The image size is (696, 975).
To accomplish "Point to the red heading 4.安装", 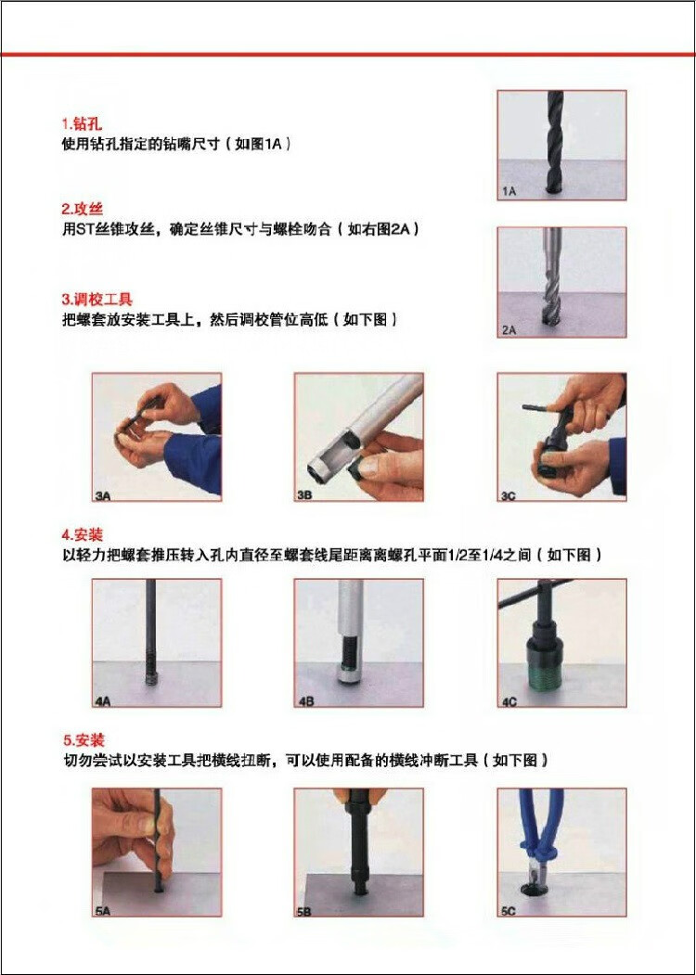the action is point(82,534).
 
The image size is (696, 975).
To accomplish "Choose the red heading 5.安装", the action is point(84,740).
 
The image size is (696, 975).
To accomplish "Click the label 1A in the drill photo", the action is point(509,191).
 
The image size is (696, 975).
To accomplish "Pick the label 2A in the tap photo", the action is point(509,330).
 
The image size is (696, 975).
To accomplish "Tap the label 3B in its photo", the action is point(304,495).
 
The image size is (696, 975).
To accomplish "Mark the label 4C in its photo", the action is point(509,701).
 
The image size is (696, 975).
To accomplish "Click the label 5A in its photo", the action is point(103,911).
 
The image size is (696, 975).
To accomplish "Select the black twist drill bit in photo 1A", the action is point(556,141).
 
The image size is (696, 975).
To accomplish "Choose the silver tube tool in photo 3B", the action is point(364,422).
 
